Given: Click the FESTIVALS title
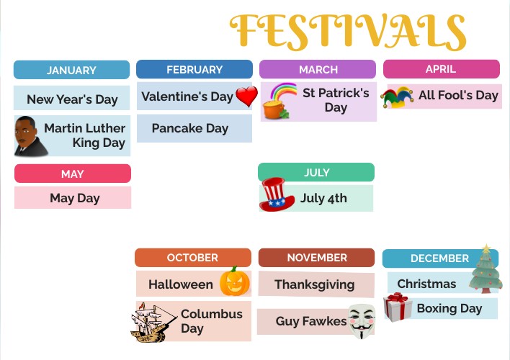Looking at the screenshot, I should point(348,31).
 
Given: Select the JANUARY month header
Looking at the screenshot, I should point(71,70).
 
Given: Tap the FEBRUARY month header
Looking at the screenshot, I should point(194,69).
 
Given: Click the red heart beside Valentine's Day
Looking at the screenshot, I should point(246,96).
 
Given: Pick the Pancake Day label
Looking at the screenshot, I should point(190,128).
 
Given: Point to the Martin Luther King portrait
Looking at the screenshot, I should point(30,136).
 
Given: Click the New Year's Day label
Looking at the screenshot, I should point(71,99).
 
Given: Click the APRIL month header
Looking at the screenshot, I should point(441,69).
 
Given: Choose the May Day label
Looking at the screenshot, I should point(74,198).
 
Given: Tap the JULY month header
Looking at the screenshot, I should point(316,172).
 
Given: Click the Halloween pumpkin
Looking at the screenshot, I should point(234,282).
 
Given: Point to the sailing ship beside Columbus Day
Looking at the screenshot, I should point(153,321).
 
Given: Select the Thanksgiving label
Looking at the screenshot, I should point(315,284).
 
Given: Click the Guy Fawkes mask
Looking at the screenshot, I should point(362,321).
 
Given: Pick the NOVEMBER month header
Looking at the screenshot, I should point(317,257).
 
